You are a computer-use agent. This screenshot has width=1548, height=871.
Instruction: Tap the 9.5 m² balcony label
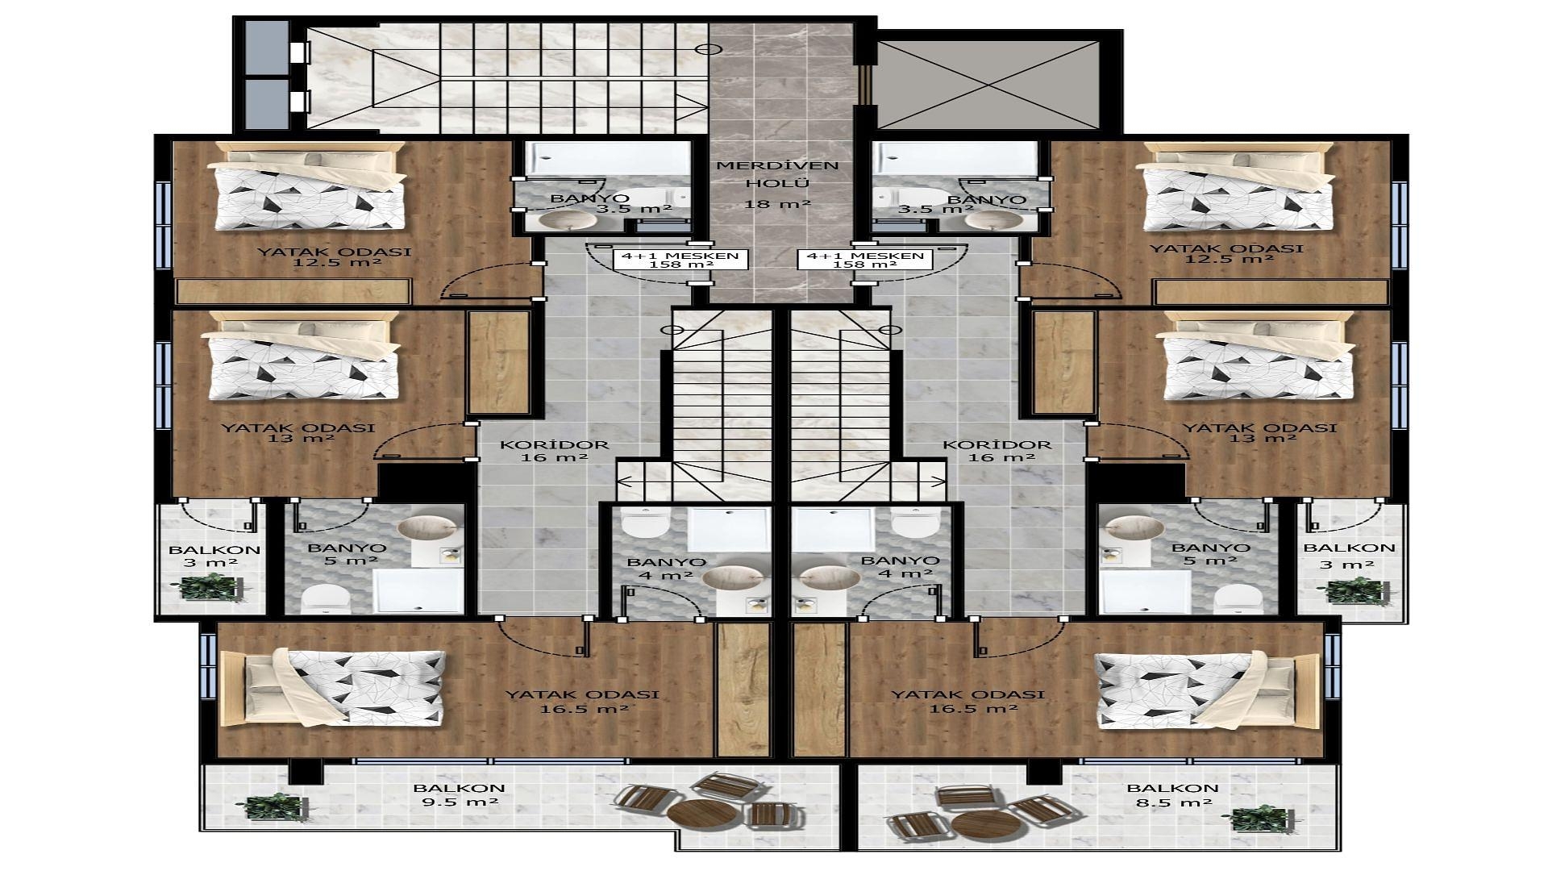(459, 795)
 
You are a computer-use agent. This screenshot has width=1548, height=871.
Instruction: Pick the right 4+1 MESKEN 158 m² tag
(864, 260)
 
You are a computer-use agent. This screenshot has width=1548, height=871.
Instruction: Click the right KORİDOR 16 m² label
(997, 451)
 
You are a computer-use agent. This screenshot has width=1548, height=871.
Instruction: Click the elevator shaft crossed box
(988, 84)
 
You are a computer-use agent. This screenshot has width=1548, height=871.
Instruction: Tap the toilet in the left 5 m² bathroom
(325, 598)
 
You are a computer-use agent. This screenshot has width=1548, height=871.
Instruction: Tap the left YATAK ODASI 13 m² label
(298, 433)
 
